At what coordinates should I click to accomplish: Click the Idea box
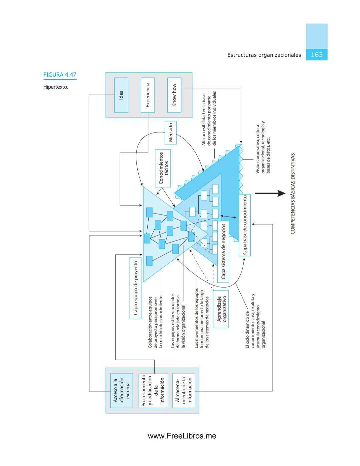click(x=121, y=95)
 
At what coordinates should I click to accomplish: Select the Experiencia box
click(x=148, y=95)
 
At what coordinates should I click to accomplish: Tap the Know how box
click(x=174, y=95)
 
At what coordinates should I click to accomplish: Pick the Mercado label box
click(x=171, y=132)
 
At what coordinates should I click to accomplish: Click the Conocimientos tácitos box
click(x=163, y=168)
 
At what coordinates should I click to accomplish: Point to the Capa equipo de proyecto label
click(x=136, y=288)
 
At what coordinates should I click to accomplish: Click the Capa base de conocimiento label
click(x=245, y=225)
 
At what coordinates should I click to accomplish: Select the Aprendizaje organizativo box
click(x=221, y=309)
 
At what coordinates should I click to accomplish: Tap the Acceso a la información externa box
click(x=121, y=390)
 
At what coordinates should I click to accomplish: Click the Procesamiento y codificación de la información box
click(x=153, y=390)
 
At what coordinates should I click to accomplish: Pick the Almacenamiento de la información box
click(x=183, y=390)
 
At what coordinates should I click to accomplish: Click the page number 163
click(x=317, y=55)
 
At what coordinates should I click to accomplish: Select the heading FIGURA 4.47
click(x=60, y=75)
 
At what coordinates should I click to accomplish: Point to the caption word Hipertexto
click(x=56, y=87)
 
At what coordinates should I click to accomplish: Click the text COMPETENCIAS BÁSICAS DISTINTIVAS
click(x=293, y=193)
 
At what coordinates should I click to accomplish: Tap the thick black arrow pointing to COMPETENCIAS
click(x=270, y=193)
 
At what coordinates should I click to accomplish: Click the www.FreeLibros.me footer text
click(x=182, y=436)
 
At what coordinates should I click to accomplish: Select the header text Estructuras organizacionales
click(x=264, y=55)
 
